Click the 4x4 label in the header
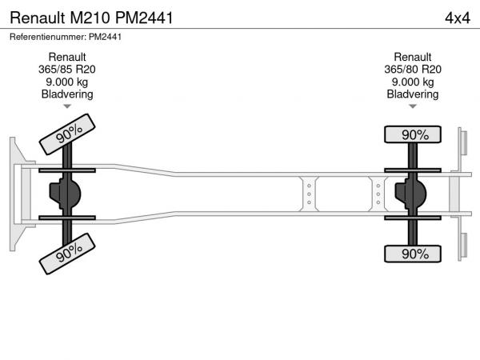pos(458,18)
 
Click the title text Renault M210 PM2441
pos(91,18)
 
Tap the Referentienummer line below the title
pos(66,37)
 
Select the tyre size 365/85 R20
pos(67,70)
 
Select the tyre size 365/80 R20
pos(413,70)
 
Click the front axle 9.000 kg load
pos(67,82)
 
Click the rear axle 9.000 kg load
pos(413,82)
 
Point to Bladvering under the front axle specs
pos(67,94)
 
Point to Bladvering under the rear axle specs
pos(413,94)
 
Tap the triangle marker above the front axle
pos(67,106)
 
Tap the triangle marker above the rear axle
pos(413,106)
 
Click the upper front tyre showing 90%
pos(67,134)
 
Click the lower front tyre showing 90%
pos(67,254)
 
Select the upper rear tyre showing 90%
pos(413,134)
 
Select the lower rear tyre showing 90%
pos(413,254)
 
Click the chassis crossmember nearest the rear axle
pos(378,194)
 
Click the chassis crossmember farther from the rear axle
pos(309,194)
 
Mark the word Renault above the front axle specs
pos(67,58)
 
